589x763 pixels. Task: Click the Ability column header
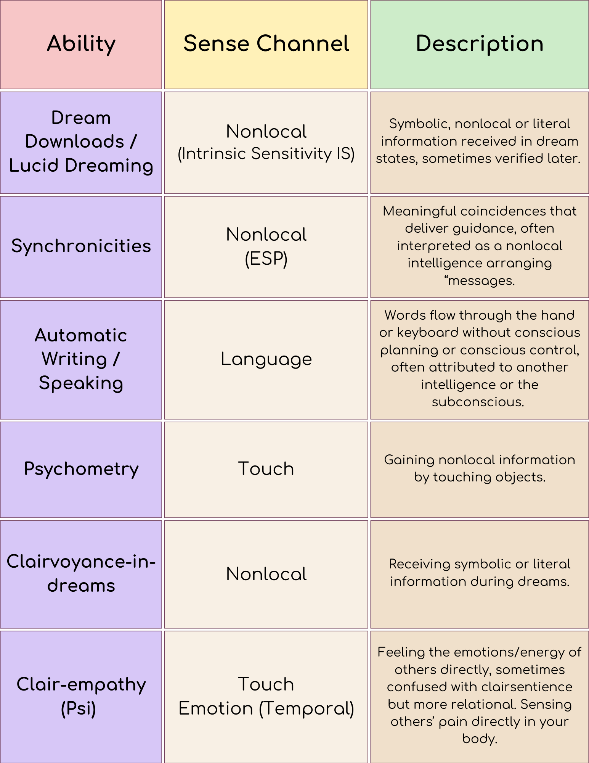click(81, 43)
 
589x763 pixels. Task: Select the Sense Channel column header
click(266, 43)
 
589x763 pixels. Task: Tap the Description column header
click(479, 43)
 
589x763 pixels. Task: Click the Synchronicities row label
click(81, 246)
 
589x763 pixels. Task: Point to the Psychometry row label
click(81, 469)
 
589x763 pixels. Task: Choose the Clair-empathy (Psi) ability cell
click(81, 696)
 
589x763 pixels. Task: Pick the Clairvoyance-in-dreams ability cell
click(81, 573)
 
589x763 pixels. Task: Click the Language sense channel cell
click(266, 359)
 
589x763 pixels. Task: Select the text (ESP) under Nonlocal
click(266, 259)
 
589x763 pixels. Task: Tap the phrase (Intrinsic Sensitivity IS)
click(266, 154)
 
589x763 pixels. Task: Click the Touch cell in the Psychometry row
click(266, 469)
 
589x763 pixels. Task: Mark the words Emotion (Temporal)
click(266, 709)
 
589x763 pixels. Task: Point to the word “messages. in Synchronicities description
click(480, 281)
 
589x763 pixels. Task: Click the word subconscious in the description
click(478, 402)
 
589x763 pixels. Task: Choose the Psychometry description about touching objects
click(480, 468)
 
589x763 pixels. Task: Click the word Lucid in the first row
click(34, 166)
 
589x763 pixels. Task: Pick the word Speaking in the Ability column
click(81, 383)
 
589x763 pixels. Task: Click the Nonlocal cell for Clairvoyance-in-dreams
click(266, 574)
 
